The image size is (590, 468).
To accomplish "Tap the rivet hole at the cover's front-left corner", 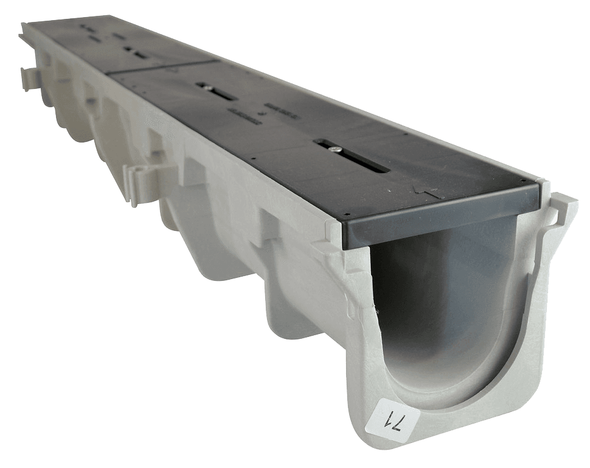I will point(345,214).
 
